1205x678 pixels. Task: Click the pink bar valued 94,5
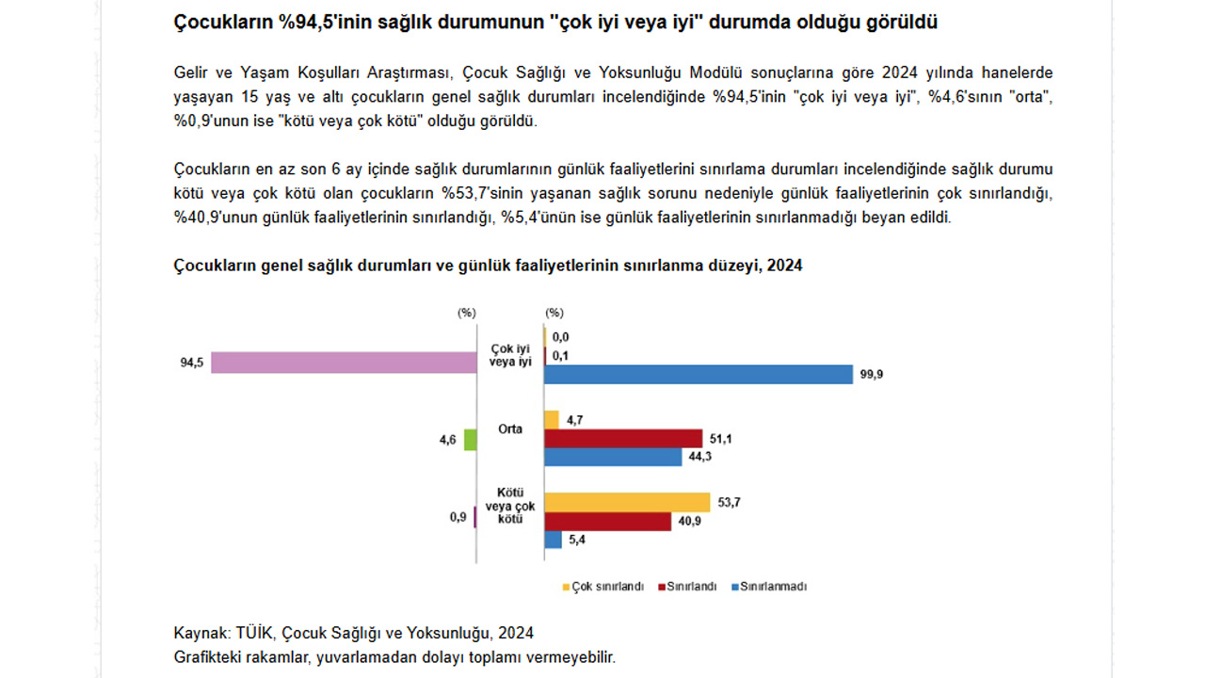(x=344, y=363)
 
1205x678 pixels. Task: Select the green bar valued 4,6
(x=470, y=440)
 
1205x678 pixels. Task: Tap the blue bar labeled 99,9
(x=699, y=375)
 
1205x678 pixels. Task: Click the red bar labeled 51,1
(x=623, y=439)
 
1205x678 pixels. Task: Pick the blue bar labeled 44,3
(x=613, y=457)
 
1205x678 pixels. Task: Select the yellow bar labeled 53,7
(x=627, y=503)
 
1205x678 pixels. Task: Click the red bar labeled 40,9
(x=608, y=522)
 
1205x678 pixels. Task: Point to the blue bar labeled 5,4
(x=553, y=540)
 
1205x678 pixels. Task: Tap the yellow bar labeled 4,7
(x=552, y=420)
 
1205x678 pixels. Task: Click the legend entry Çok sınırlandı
(x=603, y=587)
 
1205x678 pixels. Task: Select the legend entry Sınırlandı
(x=687, y=587)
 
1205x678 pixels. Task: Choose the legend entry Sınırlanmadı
(x=769, y=587)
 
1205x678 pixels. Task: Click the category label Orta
(x=510, y=428)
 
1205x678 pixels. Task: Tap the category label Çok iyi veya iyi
(x=510, y=355)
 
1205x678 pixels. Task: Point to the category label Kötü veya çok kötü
(x=510, y=506)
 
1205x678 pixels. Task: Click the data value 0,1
(x=560, y=356)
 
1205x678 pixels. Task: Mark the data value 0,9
(x=458, y=517)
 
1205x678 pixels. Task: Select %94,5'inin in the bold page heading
(x=324, y=22)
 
